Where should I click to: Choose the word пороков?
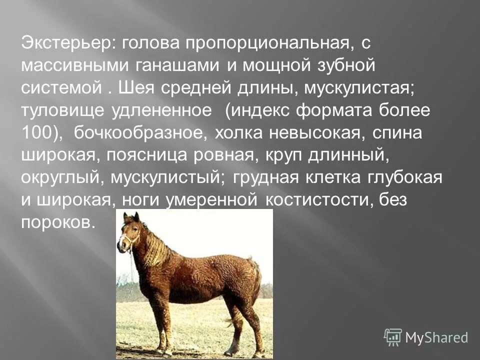57,221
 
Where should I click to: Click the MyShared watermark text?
436,337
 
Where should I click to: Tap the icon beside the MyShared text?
393,337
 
